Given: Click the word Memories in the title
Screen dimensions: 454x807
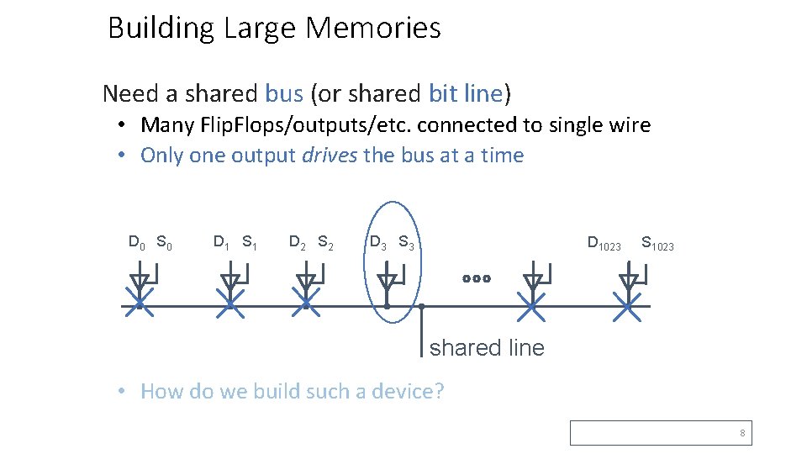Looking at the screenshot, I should tap(372, 29).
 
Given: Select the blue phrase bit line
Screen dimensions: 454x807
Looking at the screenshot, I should tap(466, 93).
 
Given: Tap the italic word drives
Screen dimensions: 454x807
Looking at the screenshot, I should tap(330, 156).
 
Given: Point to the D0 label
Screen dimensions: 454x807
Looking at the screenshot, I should tap(137, 243).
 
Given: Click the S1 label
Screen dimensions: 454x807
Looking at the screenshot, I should tap(250, 243).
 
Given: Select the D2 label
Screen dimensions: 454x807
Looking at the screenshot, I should tap(298, 243).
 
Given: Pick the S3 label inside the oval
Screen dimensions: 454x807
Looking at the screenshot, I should tap(406, 243).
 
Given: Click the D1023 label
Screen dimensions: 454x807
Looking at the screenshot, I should tap(604, 245).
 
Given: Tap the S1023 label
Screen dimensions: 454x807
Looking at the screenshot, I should tap(657, 245).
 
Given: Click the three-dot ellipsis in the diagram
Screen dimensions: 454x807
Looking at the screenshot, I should tap(475, 278).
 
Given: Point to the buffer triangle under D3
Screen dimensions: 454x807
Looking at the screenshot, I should tap(386, 281).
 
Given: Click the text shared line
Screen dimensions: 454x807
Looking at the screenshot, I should tap(487, 347).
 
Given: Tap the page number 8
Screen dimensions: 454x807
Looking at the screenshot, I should tap(742, 434).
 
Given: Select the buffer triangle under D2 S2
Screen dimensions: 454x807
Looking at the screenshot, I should tap(306, 281).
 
